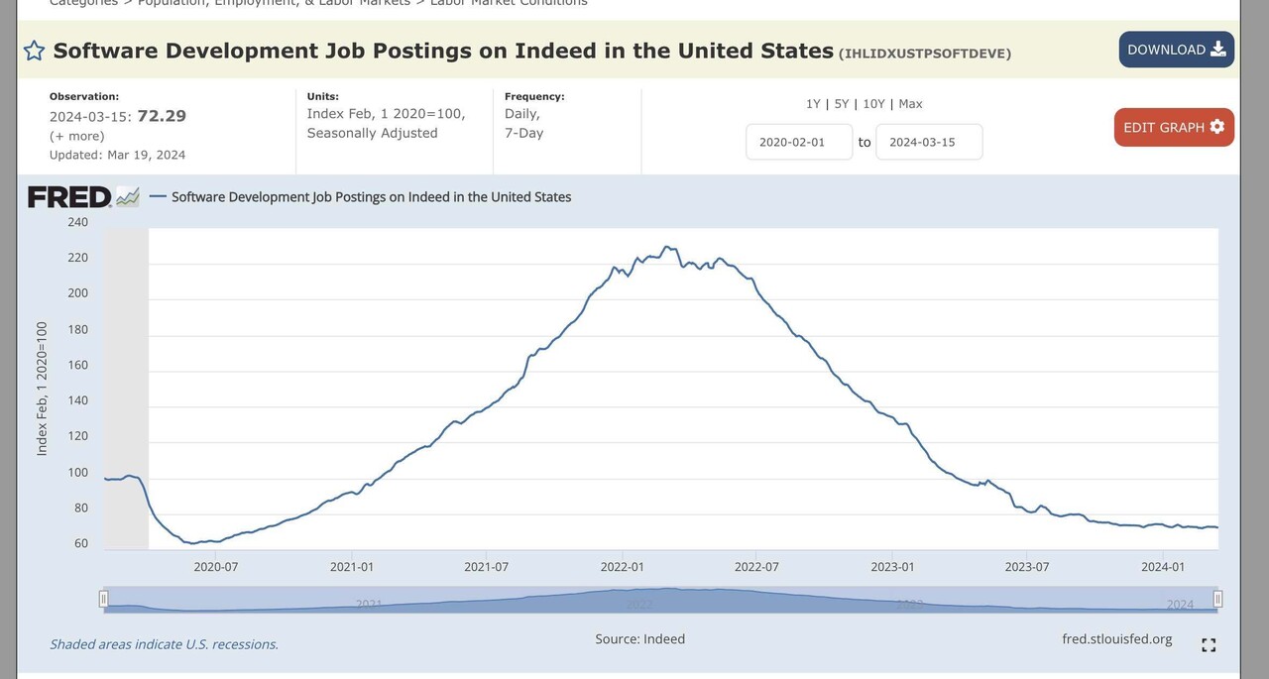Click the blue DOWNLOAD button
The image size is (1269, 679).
(1176, 50)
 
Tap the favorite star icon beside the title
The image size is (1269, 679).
(34, 51)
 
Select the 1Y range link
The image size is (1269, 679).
(813, 104)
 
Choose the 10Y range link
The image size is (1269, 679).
(873, 104)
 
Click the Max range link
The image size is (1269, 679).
(910, 104)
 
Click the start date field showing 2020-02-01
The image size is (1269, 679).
(799, 142)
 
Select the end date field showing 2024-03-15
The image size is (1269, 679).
(929, 142)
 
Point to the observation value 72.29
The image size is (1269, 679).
(162, 116)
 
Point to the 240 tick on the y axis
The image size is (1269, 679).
(77, 222)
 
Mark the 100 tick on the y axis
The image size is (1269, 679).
(77, 472)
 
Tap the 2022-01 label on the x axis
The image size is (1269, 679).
(623, 567)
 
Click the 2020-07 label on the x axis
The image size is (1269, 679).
(216, 567)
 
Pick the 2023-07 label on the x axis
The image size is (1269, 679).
(1027, 567)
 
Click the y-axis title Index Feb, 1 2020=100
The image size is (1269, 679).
(43, 389)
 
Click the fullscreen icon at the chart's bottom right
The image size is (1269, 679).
(1209, 645)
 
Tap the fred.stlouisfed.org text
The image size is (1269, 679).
(1116, 639)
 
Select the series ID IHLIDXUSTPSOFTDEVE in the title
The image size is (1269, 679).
(925, 54)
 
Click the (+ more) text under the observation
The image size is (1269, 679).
(77, 136)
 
